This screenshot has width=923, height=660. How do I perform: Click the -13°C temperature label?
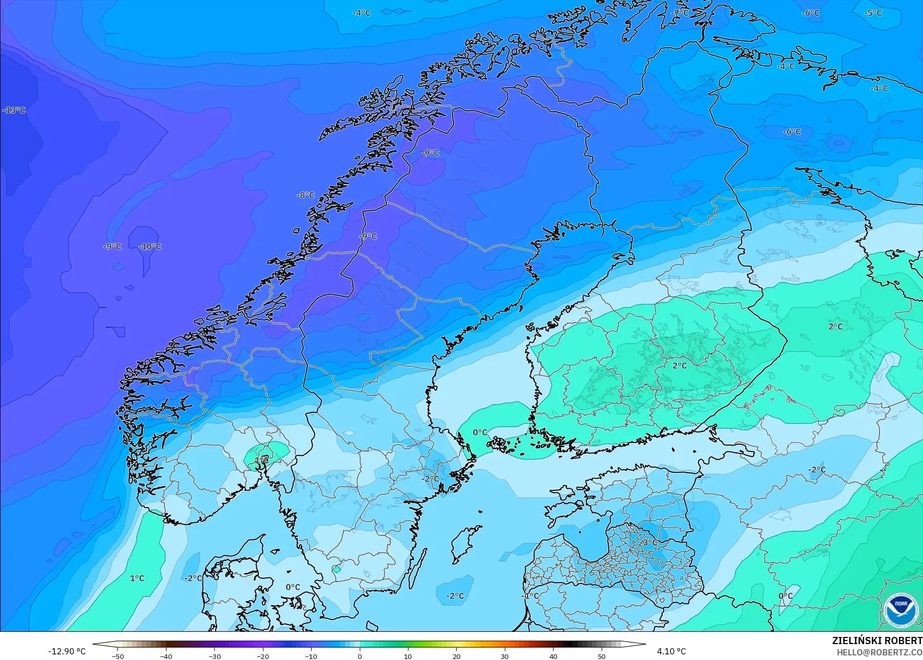tap(14, 110)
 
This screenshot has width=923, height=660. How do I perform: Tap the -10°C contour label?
tap(150, 247)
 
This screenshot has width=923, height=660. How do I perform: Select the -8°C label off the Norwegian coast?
tap(305, 195)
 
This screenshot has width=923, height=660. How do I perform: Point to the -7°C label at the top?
tap(680, 13)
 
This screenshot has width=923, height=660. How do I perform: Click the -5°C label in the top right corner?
tap(873, 13)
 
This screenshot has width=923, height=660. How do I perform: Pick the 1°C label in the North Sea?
tap(137, 578)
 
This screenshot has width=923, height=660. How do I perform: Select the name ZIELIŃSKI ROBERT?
tap(877, 641)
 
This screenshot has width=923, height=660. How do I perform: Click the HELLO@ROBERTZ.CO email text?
tap(879, 652)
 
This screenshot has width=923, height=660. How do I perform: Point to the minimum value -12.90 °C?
tap(67, 651)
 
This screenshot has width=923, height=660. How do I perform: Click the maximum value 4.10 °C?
tap(671, 651)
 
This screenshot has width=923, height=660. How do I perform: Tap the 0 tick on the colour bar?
tap(360, 656)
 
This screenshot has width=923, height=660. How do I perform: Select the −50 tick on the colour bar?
tap(118, 656)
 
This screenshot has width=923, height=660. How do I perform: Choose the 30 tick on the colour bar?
tap(505, 656)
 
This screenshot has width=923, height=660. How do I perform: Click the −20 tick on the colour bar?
tap(263, 656)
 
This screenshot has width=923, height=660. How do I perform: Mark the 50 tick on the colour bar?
tap(602, 656)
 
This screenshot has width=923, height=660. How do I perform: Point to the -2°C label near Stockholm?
tap(430, 479)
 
